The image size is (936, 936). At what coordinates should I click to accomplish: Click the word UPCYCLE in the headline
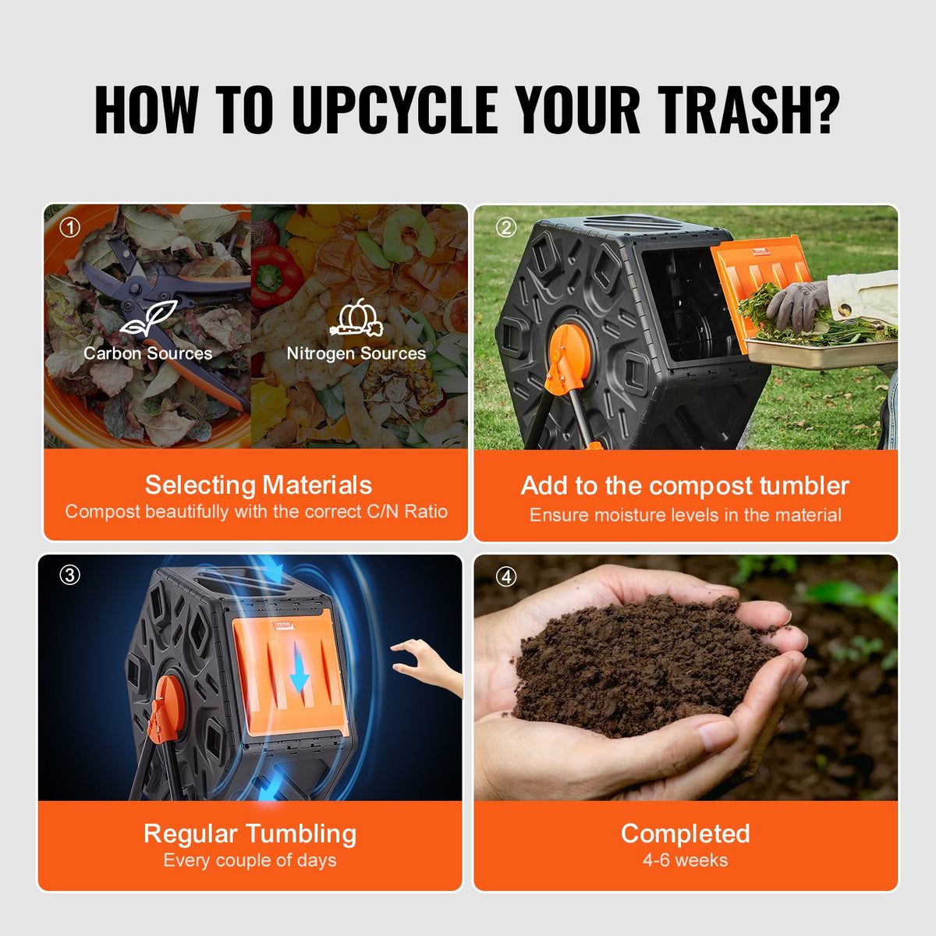(395, 109)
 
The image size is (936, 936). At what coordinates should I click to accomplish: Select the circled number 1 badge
(70, 227)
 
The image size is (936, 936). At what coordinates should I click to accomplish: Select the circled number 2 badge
(506, 227)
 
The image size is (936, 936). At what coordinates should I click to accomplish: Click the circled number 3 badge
(70, 575)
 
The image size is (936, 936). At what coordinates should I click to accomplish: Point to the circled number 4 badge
(506, 576)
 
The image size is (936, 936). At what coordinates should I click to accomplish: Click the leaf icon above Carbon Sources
(148, 318)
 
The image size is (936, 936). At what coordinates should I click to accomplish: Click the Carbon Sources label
(148, 353)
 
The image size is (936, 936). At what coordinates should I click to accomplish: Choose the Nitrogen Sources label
(356, 353)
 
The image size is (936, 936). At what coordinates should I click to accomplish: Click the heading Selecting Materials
(258, 485)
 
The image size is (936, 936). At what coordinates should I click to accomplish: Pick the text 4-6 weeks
(685, 860)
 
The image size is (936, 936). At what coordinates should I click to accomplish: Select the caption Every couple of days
(250, 860)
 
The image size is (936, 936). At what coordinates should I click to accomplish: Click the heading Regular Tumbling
(250, 834)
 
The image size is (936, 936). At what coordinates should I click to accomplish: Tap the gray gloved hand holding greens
(796, 304)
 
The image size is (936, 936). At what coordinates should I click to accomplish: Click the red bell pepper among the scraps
(275, 273)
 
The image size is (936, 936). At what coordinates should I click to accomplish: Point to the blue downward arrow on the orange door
(300, 671)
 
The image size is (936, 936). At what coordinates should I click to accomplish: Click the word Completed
(685, 834)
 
